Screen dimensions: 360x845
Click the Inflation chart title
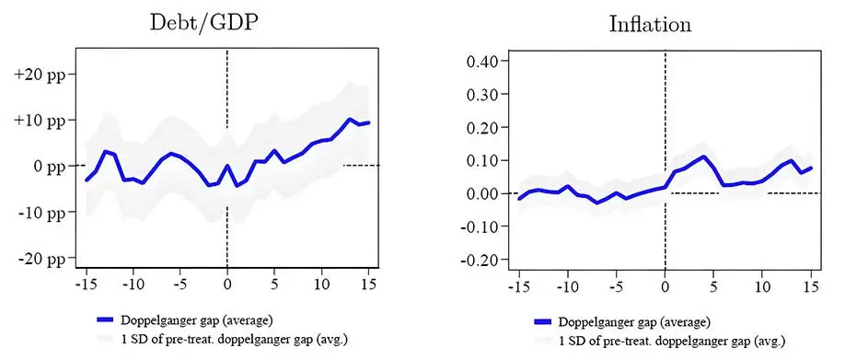[650, 24]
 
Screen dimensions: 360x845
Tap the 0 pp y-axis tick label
[46, 166]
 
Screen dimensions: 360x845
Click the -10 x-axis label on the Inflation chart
[568, 286]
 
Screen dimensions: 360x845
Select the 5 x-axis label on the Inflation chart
[713, 286]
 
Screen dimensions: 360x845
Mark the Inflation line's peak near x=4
[704, 157]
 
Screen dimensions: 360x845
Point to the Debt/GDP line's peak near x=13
[350, 120]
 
